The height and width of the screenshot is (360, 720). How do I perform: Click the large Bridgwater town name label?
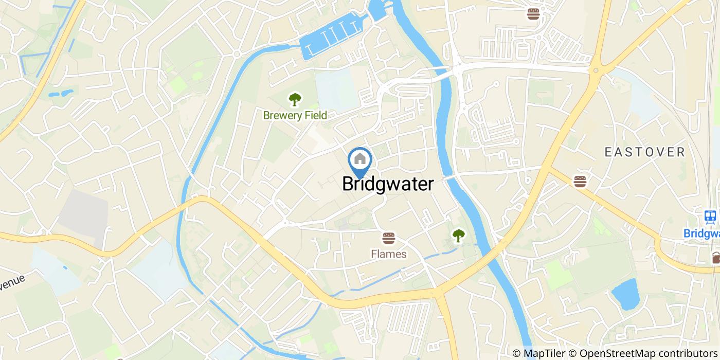388,184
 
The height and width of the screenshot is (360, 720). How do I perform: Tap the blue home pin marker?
360,160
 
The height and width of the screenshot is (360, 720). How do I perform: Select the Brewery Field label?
295,115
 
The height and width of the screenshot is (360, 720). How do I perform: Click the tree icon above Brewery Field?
295,99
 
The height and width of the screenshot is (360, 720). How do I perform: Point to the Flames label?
388,254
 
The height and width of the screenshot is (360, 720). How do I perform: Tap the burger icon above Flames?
388,238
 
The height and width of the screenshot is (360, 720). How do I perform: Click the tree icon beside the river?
458,236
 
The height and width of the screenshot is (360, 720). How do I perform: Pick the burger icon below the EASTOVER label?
580,181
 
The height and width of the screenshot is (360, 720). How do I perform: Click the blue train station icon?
711,217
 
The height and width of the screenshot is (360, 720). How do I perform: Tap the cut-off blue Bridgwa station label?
702,233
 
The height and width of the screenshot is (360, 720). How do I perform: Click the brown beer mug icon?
715,257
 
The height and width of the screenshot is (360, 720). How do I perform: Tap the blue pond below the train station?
625,294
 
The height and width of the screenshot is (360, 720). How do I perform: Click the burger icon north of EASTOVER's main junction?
533,13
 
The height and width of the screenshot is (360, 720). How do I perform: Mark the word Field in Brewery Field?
315,115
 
